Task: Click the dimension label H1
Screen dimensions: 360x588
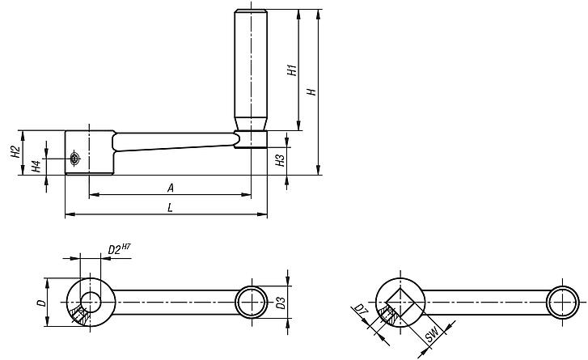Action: click(292, 70)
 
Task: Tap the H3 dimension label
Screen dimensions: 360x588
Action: click(280, 160)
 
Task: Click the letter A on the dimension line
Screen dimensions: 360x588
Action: click(170, 187)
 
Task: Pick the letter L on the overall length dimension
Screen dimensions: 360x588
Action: click(170, 207)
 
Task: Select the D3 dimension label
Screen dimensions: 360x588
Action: click(280, 303)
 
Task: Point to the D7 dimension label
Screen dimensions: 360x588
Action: click(359, 311)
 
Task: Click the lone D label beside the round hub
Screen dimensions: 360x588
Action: click(39, 303)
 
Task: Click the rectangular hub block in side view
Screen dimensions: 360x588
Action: click(89, 152)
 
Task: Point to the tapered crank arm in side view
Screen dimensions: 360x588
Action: click(174, 143)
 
